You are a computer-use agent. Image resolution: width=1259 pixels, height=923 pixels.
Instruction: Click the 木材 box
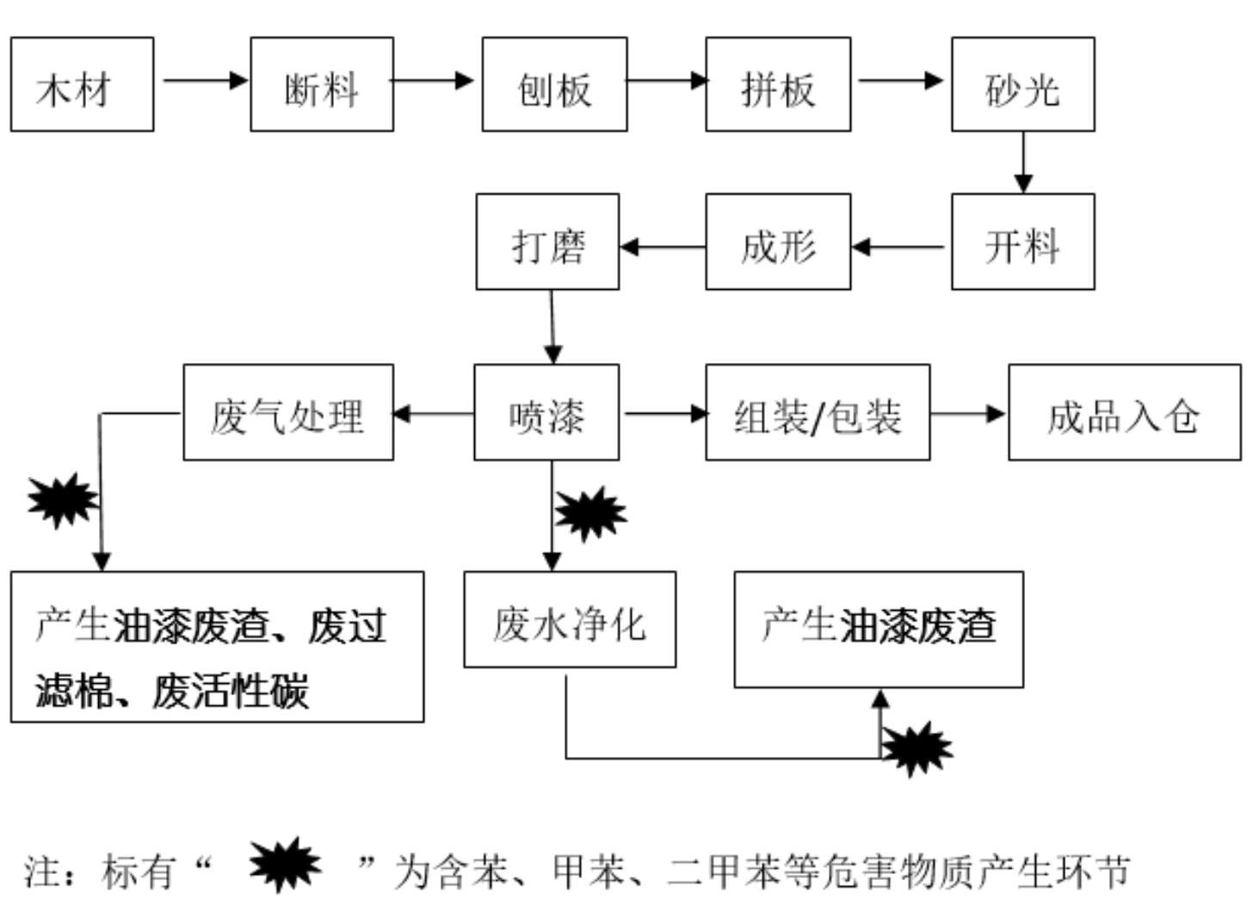point(82,84)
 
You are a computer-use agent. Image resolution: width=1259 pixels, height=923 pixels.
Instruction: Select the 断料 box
point(322,84)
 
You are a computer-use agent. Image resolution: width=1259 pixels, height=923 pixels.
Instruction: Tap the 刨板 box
point(554,84)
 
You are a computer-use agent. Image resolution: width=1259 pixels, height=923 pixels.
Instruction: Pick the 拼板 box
point(778,84)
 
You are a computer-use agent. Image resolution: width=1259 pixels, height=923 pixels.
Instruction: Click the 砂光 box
point(1022,84)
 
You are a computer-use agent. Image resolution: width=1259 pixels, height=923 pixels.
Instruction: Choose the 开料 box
point(1022,242)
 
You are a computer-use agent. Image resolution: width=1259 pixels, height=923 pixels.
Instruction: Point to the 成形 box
point(778,242)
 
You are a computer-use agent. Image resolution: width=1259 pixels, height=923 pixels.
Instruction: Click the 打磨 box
point(547,242)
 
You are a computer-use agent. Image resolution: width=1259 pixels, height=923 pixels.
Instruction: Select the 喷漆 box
point(546,412)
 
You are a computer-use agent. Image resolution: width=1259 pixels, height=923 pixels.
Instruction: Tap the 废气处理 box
point(288,412)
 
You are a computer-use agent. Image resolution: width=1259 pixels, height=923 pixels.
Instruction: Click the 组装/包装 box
point(818,412)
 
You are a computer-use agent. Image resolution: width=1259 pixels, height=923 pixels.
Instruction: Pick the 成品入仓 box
point(1124,412)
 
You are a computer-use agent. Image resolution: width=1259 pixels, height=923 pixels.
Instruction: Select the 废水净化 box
point(570,619)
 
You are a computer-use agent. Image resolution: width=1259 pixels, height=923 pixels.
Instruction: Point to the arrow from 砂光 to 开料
point(1022,163)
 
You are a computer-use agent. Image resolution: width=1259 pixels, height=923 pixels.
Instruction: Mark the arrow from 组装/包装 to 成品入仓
point(968,414)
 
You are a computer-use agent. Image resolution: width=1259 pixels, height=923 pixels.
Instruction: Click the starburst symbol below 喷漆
point(590,514)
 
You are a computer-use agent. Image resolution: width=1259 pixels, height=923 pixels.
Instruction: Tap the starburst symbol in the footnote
point(285,864)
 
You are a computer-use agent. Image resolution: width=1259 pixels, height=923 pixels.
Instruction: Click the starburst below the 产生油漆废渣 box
point(917,749)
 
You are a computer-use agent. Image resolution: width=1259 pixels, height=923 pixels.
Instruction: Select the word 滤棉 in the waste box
point(72,691)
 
